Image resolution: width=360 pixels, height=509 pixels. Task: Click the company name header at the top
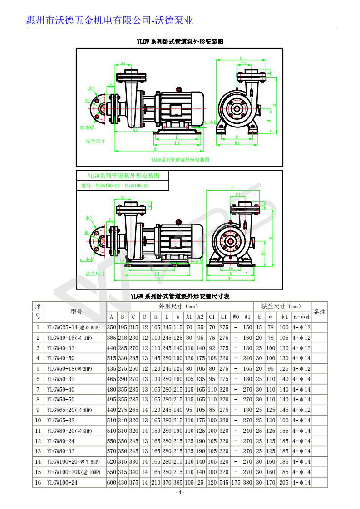click(x=110, y=20)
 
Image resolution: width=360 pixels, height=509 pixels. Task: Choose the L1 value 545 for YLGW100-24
click(x=223, y=483)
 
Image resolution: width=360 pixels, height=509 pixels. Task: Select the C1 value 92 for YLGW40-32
click(x=212, y=348)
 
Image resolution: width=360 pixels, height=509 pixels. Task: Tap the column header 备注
click(x=319, y=312)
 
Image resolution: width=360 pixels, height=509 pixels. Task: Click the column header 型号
click(x=76, y=312)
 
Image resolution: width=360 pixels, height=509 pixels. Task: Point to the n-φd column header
click(x=301, y=317)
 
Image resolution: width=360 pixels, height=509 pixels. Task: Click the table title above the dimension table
click(x=180, y=296)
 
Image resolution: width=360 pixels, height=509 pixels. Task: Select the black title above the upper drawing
click(x=180, y=42)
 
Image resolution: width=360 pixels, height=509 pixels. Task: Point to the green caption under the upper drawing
click(x=180, y=160)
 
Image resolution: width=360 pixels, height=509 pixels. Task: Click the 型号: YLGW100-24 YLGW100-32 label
click(x=115, y=186)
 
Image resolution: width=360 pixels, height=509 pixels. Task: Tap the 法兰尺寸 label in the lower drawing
click(x=95, y=274)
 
